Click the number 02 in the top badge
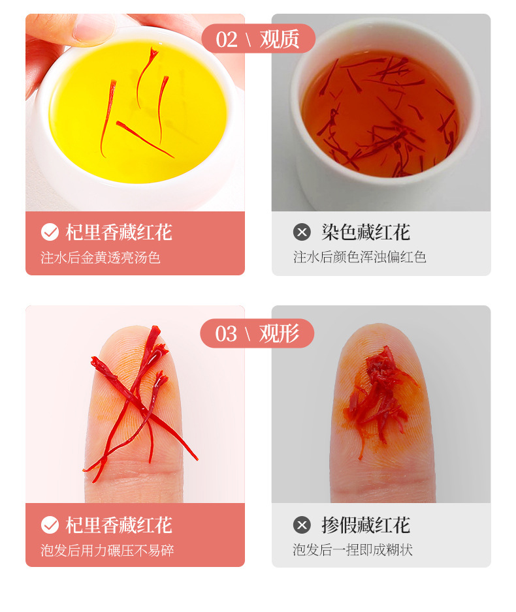coord(227,39)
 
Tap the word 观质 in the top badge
coord(280,39)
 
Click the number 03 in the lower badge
coord(226,334)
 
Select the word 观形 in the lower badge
coord(279,333)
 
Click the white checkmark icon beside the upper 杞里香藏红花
coord(50,232)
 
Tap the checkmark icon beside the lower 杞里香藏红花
coord(50,525)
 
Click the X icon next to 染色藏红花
coord(302,232)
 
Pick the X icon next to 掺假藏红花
coord(302,525)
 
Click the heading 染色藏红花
coord(366,232)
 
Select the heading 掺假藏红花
coord(366,525)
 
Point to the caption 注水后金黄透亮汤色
coord(101,258)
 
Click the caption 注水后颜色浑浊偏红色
coord(359,257)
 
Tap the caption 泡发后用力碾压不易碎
coord(107,550)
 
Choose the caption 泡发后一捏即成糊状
coord(353,550)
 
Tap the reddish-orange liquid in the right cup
coord(381,115)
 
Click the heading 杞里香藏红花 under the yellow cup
coord(119,233)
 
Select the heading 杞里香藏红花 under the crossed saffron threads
coord(119,525)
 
